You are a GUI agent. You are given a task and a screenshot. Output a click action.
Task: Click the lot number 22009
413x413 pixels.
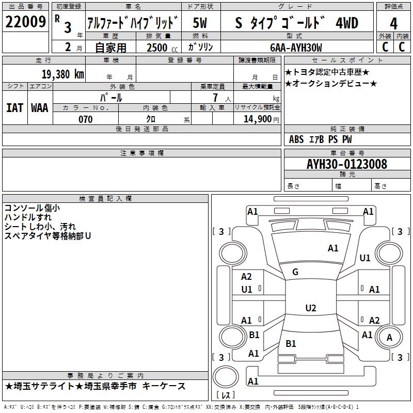[25, 22]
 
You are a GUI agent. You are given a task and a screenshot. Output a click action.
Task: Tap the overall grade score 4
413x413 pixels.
[393, 24]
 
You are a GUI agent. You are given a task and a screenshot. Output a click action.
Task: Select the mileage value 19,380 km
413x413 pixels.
[63, 74]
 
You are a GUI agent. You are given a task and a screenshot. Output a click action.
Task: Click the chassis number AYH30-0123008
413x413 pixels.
[347, 164]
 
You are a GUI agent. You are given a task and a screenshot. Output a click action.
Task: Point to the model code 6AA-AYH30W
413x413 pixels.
[296, 47]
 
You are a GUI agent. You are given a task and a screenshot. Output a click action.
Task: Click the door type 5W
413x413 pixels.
[200, 23]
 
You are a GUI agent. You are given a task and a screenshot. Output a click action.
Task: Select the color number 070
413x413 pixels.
[86, 119]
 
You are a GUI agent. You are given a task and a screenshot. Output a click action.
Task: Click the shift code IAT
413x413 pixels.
[14, 108]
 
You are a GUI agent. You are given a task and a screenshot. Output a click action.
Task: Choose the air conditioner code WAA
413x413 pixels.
[40, 108]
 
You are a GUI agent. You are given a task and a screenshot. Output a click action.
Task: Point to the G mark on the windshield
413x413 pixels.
[295, 272]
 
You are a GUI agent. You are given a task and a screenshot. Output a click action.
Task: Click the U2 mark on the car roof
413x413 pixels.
[311, 308]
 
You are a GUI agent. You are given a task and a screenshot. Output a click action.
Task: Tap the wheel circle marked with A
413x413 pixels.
[389, 337]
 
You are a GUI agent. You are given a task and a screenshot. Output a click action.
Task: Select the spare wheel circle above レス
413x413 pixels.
[226, 377]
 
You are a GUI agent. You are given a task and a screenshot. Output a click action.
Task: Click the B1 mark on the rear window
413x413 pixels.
[291, 343]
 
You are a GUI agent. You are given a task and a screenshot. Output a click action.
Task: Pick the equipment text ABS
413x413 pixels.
[296, 139]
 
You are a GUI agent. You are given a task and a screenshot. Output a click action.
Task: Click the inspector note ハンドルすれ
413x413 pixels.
[28, 217]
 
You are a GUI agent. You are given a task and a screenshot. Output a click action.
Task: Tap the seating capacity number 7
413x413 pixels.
[215, 98]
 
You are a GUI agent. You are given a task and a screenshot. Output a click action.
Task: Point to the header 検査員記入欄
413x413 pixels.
[105, 199]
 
